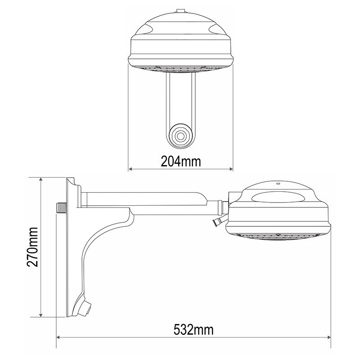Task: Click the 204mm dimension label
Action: pos(181,161)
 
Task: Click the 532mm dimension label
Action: pos(193,330)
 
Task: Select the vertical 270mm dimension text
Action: pos(32,247)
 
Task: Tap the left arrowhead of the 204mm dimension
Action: pos(130,169)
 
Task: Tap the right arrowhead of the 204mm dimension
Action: pos(231,169)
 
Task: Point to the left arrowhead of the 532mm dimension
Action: pos(58,337)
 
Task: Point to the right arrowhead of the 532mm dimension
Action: pos(328,337)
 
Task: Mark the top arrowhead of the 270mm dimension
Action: pos(41,180)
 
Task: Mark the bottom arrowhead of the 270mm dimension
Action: pos(41,315)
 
